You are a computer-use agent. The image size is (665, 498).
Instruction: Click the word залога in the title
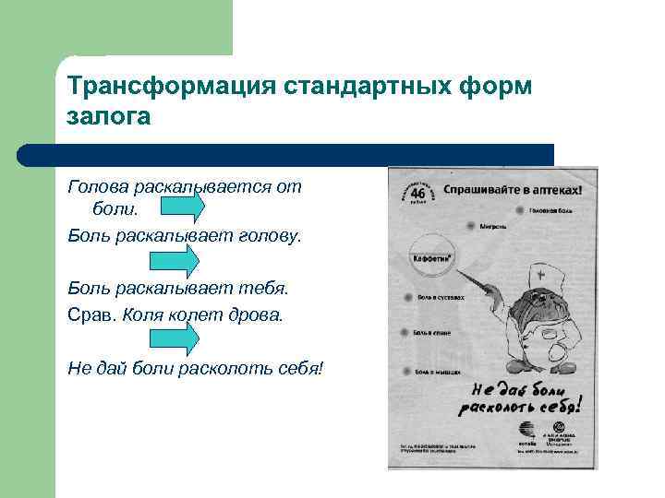point(107,117)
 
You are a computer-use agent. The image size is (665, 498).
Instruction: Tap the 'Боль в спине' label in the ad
point(432,332)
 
